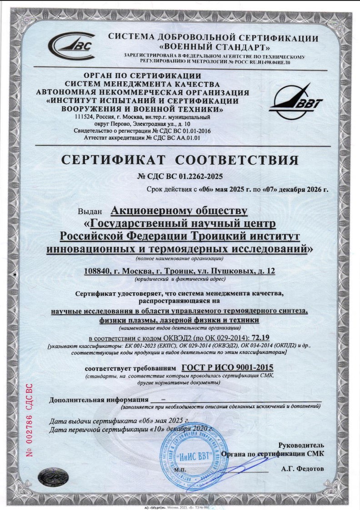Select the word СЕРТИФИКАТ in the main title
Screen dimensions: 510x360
point(115,160)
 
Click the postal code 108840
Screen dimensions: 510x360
point(98,271)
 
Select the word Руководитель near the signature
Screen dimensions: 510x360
point(301,445)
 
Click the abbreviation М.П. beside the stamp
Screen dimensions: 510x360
point(180,469)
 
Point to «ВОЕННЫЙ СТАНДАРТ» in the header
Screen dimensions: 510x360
point(214,47)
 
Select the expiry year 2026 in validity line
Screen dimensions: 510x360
point(312,190)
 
